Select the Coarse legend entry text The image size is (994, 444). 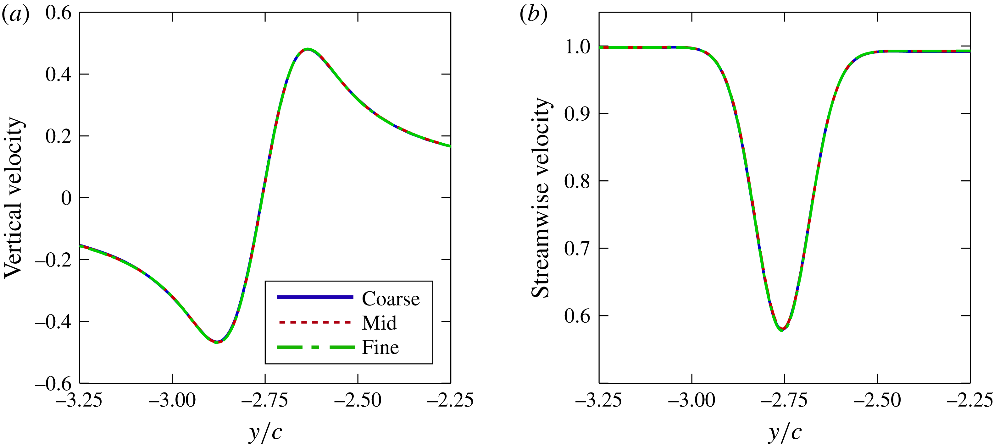tap(391, 299)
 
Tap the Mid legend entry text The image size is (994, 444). tap(379, 323)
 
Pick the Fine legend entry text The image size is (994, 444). tap(380, 348)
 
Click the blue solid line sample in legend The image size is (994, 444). tap(315, 297)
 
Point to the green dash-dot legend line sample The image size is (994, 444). tap(316, 348)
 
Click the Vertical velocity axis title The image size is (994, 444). tap(14, 198)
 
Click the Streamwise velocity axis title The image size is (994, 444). tap(541, 198)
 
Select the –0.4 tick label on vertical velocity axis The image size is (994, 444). tap(53, 322)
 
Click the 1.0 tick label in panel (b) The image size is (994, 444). tap(577, 47)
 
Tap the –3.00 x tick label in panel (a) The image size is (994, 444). tap(172, 400)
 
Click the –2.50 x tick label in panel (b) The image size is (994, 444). tap(877, 400)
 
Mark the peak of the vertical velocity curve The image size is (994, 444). tap(307, 49)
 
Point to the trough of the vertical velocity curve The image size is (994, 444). tap(217, 342)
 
